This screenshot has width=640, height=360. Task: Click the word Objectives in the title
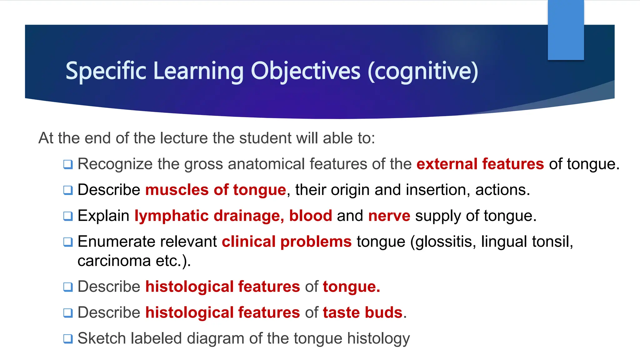(x=306, y=71)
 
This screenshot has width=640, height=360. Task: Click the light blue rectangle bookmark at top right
(x=566, y=30)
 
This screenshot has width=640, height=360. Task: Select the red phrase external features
(x=480, y=164)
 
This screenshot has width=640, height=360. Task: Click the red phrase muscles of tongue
(x=216, y=190)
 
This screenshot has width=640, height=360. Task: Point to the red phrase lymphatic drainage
(x=209, y=216)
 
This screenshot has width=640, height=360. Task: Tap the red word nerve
(x=389, y=216)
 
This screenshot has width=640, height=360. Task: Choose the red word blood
(x=310, y=216)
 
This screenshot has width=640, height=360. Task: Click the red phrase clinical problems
(x=287, y=242)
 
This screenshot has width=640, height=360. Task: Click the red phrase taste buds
(x=362, y=312)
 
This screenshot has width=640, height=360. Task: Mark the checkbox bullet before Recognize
(x=68, y=164)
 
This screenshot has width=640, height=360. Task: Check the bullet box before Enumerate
(x=68, y=242)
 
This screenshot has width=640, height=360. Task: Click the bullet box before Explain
(x=68, y=216)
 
